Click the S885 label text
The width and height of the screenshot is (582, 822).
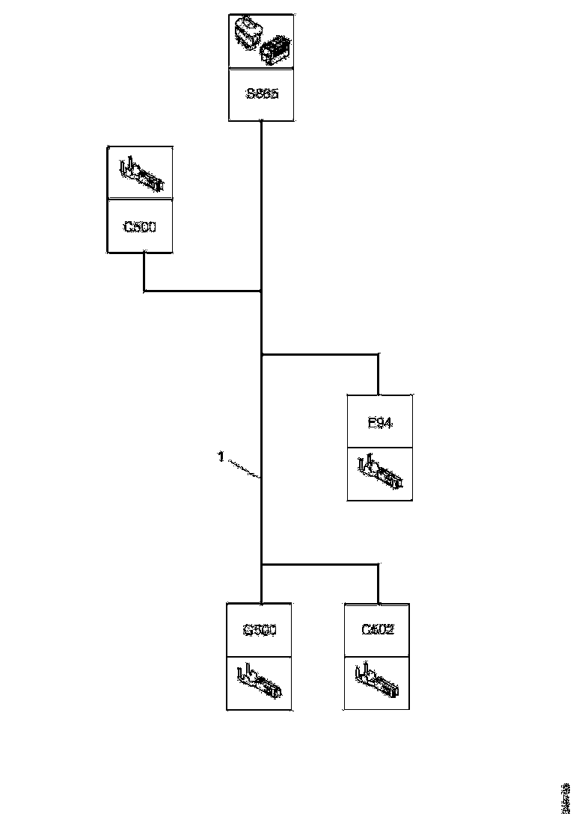click(261, 94)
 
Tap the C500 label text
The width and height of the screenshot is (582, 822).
click(141, 226)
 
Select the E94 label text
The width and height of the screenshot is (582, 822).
click(380, 422)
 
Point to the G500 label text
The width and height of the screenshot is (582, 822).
click(260, 630)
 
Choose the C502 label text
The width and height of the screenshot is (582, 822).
click(377, 630)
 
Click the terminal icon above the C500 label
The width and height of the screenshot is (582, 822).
click(141, 173)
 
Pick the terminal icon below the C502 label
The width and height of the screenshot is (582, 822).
click(377, 682)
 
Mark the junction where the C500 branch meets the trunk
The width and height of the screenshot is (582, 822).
click(261, 291)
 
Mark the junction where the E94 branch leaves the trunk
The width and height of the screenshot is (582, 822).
click(261, 353)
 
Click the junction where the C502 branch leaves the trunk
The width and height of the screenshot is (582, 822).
click(261, 564)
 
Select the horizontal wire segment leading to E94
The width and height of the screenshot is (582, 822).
click(320, 353)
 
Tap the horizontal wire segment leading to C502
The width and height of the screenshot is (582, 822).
click(320, 564)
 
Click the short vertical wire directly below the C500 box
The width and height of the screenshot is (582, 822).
click(144, 271)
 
